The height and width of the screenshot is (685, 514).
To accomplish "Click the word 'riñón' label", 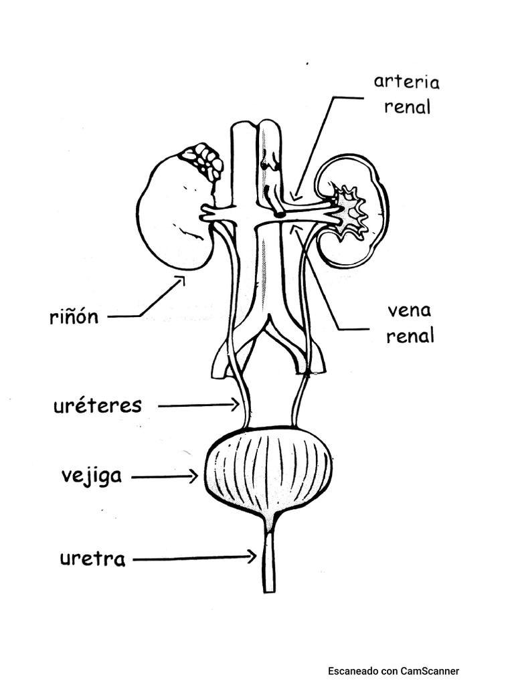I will (x=74, y=316).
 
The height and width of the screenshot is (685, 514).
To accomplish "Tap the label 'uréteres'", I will (x=97, y=405).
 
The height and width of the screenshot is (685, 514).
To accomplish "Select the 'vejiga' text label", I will (x=92, y=476).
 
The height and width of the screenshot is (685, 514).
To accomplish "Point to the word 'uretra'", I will (x=92, y=559).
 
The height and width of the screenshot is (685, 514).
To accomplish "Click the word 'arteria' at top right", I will (x=406, y=82).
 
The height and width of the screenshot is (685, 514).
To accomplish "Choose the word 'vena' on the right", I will (x=409, y=311).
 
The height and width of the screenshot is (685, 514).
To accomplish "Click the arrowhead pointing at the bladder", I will (x=193, y=476).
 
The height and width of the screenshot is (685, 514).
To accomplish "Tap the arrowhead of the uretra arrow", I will (x=252, y=557).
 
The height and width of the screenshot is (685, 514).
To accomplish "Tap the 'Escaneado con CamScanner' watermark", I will (x=393, y=671).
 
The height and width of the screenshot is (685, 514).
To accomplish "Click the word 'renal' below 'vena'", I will (x=410, y=336).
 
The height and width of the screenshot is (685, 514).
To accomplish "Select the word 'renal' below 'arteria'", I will (x=407, y=107).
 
